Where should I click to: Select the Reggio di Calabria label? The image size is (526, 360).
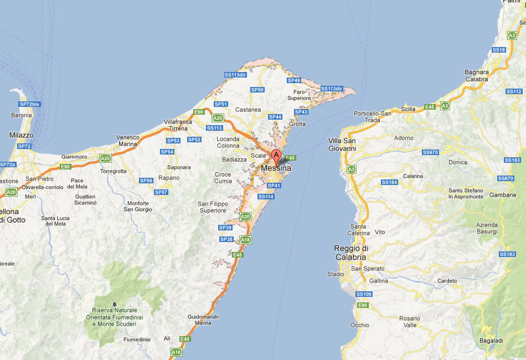pos(350,253)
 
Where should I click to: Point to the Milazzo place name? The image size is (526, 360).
pos(22,135)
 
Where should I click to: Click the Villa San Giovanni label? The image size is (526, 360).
pos(342,144)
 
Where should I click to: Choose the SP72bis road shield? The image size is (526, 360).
pos(29,104)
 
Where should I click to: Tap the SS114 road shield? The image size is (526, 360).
pos(266,197)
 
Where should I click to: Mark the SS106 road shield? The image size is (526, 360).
pos(364,294)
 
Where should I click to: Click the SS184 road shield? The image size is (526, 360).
pos(389,182)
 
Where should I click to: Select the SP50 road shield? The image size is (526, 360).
pos(257,90)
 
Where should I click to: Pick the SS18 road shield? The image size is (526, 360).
pos(499,50)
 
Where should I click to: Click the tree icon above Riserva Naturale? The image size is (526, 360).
pos(114,304)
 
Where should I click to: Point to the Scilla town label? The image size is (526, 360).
pos(408,109)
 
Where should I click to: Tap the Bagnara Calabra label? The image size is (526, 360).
pos(477,75)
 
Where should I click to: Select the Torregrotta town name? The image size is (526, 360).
pos(113,171)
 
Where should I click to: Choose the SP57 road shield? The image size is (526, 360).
pos(161,192)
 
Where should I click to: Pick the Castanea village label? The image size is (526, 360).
pos(248,110)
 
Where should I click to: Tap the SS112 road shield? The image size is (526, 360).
pos(514,91)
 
